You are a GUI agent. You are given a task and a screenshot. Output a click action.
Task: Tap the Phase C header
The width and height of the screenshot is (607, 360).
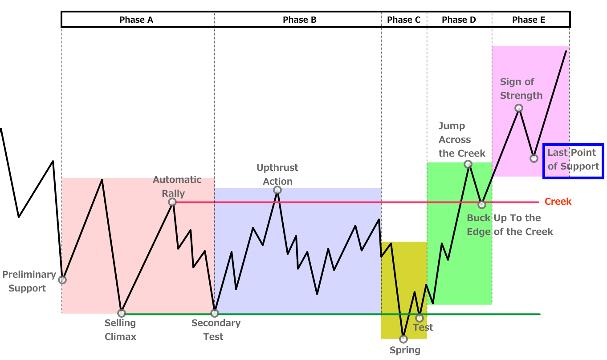coord(403,20)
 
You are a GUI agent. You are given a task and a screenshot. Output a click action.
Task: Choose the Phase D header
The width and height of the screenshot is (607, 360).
coord(459,20)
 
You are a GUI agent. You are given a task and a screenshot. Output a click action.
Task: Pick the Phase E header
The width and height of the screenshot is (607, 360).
coord(529,20)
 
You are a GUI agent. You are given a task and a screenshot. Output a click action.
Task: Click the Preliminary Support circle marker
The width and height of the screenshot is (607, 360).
coord(62,280)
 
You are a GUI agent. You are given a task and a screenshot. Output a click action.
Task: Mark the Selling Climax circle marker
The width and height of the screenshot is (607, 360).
coord(122,313)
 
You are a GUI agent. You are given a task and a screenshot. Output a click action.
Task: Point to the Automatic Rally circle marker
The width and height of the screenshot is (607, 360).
coord(172,202)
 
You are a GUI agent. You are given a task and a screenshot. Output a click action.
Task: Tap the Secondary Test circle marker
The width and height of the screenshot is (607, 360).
coord(215,313)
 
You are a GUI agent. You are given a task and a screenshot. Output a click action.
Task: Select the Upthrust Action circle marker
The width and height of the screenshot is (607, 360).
coord(277,190)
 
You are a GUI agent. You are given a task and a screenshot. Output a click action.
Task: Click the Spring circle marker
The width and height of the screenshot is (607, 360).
coord(403,339)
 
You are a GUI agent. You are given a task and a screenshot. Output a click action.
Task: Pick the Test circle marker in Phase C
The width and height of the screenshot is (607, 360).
coord(419,318)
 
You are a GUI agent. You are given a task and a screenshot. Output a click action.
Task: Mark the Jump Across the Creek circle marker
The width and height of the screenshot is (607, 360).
coord(468,164)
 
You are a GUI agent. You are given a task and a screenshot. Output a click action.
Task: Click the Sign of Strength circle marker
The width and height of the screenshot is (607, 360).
coord(518,108)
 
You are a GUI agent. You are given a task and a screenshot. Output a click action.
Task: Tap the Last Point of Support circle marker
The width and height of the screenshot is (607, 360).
coord(534,158)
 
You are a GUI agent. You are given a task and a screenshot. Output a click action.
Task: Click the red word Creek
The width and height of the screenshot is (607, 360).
coord(558,202)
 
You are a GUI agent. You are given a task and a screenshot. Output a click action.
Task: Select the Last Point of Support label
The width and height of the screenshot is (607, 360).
coord(573,160)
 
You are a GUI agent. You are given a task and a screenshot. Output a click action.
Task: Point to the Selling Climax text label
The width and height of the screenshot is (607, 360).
coord(120,330)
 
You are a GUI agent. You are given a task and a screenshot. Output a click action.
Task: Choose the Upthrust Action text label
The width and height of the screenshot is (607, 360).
coord(277,174)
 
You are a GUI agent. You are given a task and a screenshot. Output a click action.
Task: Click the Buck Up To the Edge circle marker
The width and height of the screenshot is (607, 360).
coord(481,205)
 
